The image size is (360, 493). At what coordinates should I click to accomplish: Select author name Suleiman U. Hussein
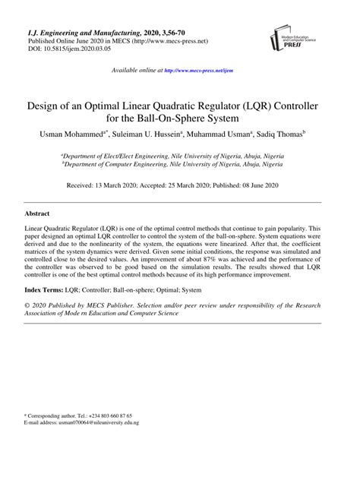tap(148, 134)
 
